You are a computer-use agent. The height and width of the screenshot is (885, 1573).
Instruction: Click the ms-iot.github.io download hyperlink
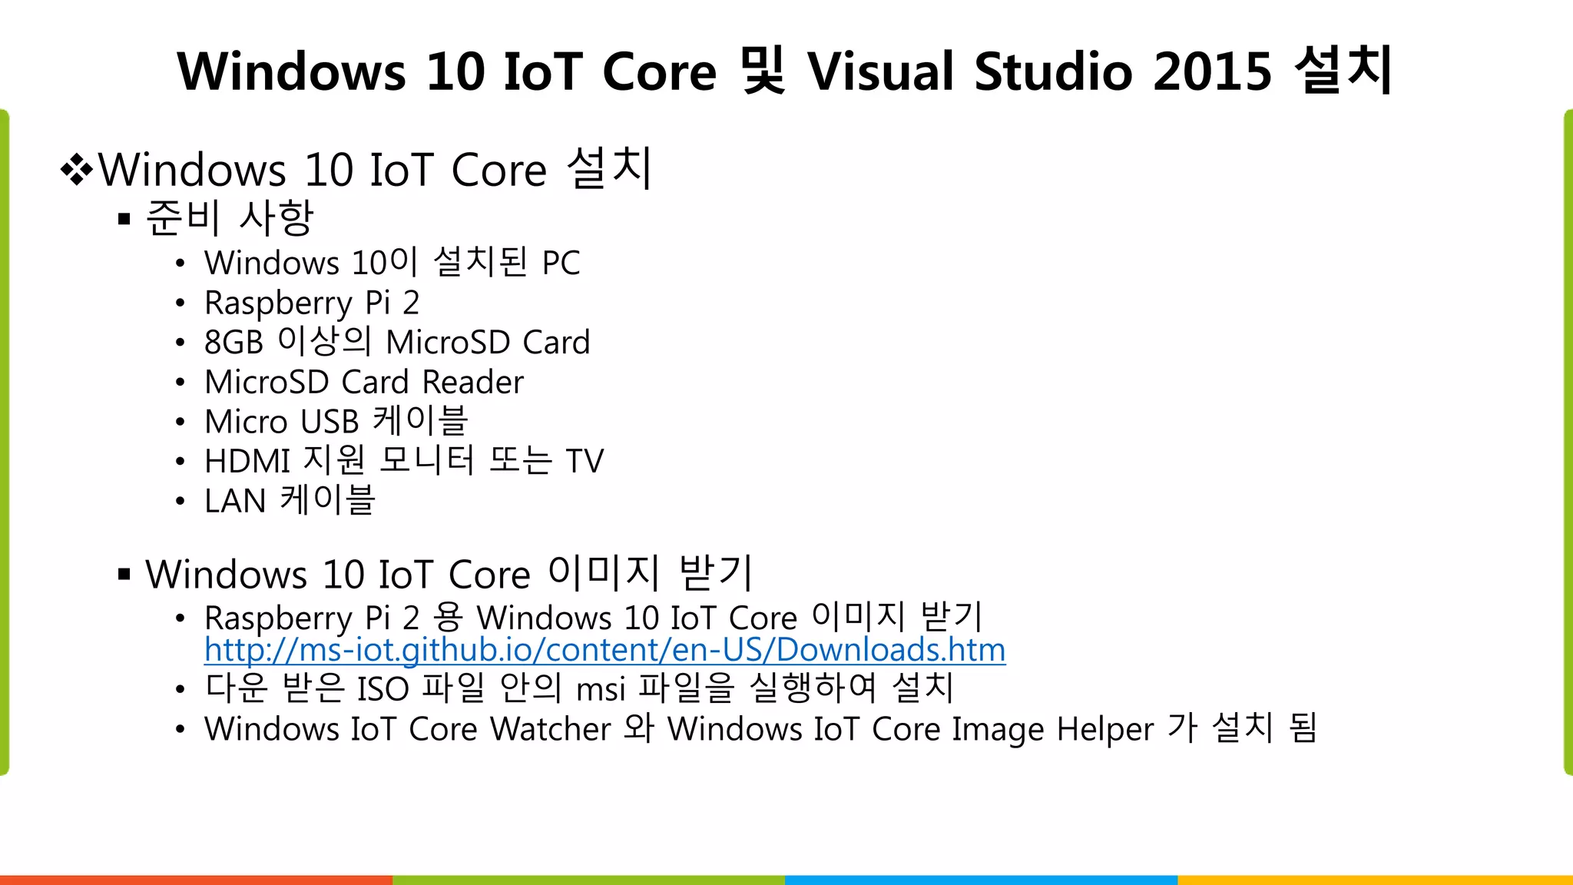tap(604, 651)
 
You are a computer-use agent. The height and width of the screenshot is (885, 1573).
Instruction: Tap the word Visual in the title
tap(880, 71)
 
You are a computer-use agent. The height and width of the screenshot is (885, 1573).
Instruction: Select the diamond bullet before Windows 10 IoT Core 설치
tap(77, 170)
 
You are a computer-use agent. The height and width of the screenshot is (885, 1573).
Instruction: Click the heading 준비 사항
tap(230, 217)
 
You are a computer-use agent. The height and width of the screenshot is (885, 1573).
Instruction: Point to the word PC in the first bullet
tap(561, 264)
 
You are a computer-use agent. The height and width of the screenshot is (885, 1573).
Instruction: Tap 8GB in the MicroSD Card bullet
tap(233, 343)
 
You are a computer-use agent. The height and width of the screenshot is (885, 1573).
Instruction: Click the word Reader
tap(472, 383)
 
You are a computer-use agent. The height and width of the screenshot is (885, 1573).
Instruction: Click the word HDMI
tap(247, 462)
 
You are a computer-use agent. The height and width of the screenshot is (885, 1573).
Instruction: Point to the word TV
tap(584, 462)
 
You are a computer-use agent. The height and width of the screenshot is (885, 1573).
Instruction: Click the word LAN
tap(235, 502)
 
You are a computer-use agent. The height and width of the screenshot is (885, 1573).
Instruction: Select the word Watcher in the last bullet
tap(550, 729)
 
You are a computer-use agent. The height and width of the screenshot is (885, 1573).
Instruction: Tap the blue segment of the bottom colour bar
tap(981, 880)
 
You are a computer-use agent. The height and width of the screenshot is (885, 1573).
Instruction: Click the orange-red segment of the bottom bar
tap(196, 880)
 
